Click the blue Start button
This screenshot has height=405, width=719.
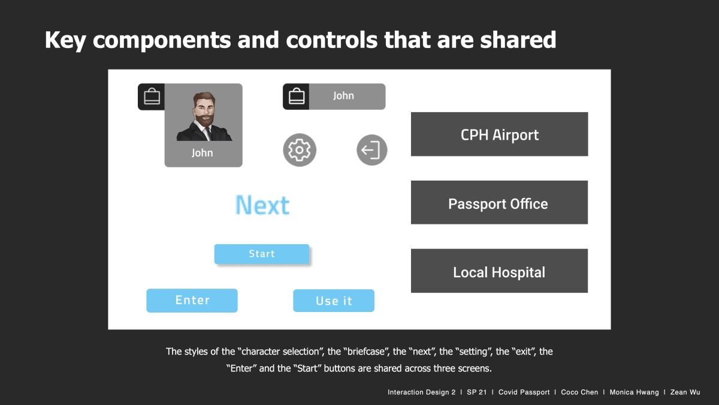(x=262, y=254)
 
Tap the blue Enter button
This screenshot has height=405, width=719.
(x=192, y=300)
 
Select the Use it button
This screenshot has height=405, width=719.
(x=334, y=301)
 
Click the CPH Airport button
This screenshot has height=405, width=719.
(x=500, y=134)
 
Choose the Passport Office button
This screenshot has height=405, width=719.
(x=500, y=202)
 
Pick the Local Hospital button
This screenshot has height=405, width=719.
(x=500, y=271)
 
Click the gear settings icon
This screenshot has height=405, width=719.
(x=300, y=150)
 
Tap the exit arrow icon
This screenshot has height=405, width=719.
(x=371, y=150)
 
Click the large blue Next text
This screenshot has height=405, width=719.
(x=262, y=205)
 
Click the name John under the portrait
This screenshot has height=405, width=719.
(x=203, y=152)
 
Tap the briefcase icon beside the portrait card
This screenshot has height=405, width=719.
(x=152, y=96)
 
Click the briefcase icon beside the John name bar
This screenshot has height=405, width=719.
(x=297, y=96)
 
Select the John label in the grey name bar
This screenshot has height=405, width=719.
(x=343, y=95)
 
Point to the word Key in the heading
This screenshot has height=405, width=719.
(x=65, y=41)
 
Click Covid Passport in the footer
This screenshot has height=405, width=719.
(x=524, y=392)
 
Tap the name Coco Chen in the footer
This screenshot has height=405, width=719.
(x=579, y=392)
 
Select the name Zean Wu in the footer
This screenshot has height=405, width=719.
(x=685, y=392)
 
